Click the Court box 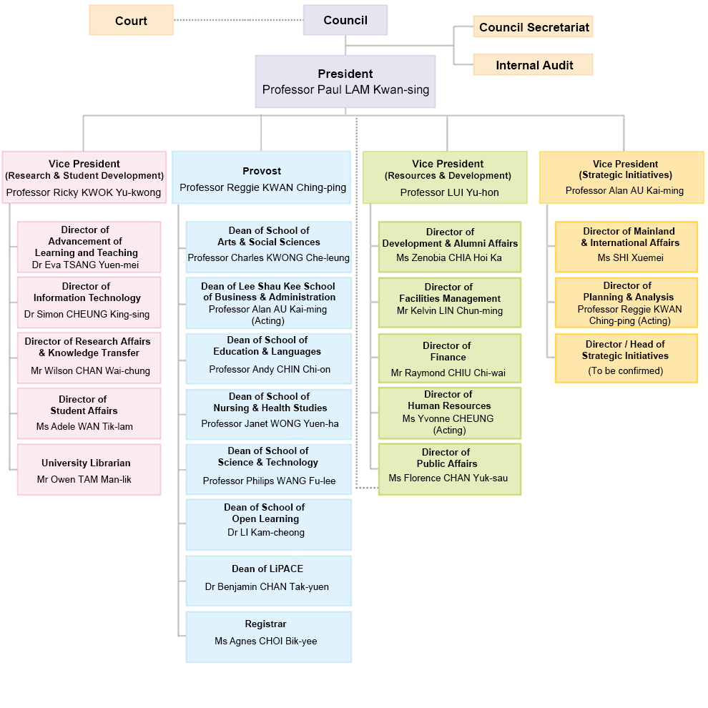pyautogui.click(x=131, y=20)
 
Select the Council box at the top pyautogui.click(x=345, y=20)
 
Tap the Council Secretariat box pyautogui.click(x=533, y=27)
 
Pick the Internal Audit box pyautogui.click(x=533, y=65)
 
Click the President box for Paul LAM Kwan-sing pyautogui.click(x=345, y=82)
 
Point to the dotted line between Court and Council pyautogui.click(x=238, y=20)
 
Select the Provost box pyautogui.click(x=262, y=177)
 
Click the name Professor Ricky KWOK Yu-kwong pyautogui.click(x=84, y=192)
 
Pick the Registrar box pyautogui.click(x=268, y=636)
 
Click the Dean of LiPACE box pyautogui.click(x=268, y=581)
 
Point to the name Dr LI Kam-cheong pyautogui.click(x=266, y=533)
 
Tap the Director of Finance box pyautogui.click(x=449, y=358)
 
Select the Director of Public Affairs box pyautogui.click(x=449, y=469)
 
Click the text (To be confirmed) pyautogui.click(x=625, y=370)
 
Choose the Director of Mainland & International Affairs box pyautogui.click(x=626, y=247)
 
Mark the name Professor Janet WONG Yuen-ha pyautogui.click(x=270, y=424)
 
